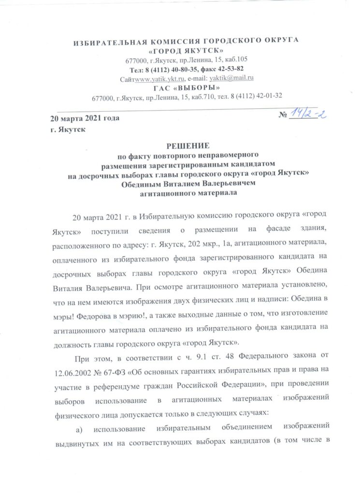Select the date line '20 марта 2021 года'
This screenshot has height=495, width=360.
coord(85,118)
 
